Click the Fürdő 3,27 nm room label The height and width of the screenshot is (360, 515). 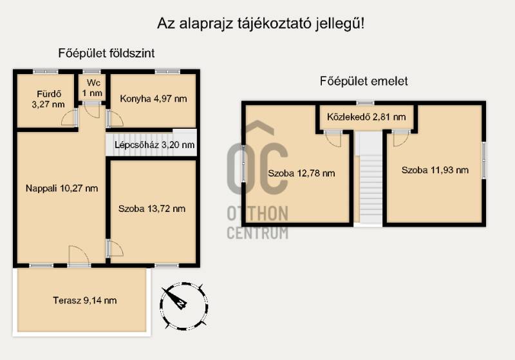click(x=48, y=99)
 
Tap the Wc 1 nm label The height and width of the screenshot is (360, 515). click(x=92, y=88)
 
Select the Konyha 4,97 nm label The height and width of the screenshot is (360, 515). click(x=153, y=99)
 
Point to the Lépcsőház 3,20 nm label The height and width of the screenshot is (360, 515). click(x=154, y=145)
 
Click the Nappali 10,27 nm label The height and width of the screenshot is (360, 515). click(x=62, y=189)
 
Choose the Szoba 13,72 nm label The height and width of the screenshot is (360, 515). click(x=152, y=209)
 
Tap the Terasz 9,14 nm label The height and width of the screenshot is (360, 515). click(x=85, y=300)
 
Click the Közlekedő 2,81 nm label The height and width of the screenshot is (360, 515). click(x=366, y=117)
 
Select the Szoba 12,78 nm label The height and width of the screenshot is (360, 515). click(x=301, y=173)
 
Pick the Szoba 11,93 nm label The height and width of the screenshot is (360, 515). click(x=435, y=170)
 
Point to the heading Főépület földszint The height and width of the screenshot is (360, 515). click(x=106, y=53)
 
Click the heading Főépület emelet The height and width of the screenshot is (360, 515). click(x=364, y=81)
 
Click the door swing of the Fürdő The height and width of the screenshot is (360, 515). click(x=70, y=118)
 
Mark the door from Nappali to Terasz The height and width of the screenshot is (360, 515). click(x=79, y=256)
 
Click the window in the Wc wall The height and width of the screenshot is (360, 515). click(x=91, y=71)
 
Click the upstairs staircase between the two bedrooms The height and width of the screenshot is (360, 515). click(x=371, y=178)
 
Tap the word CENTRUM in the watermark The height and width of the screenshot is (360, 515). click(x=258, y=232)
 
